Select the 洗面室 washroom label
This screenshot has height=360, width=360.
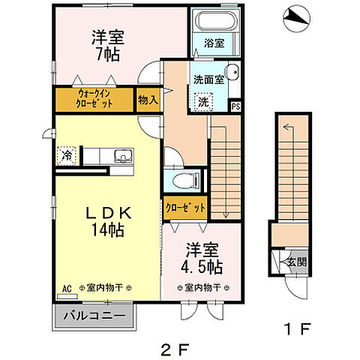click(x=208, y=78)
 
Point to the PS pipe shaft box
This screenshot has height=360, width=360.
click(x=235, y=106)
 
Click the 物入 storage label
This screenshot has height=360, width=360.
click(x=148, y=99)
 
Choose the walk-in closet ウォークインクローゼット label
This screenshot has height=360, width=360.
click(x=94, y=99)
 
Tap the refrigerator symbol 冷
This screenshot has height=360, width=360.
click(x=67, y=156)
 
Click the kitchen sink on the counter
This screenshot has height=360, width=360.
click(x=121, y=156)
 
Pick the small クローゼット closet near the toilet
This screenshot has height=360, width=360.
click(x=184, y=206)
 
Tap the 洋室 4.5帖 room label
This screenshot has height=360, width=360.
click(x=202, y=257)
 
